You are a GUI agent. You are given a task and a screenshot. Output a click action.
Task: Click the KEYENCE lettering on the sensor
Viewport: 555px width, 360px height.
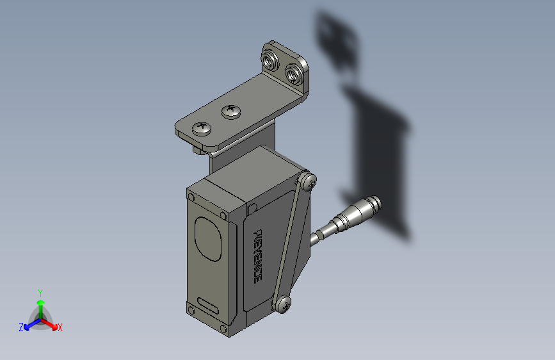point(259,256)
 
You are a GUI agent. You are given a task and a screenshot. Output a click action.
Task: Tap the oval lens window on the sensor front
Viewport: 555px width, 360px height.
point(208,239)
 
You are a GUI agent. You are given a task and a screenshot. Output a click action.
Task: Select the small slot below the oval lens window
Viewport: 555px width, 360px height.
point(208,305)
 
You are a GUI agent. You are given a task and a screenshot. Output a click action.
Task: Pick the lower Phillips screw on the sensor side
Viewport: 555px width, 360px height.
point(283,304)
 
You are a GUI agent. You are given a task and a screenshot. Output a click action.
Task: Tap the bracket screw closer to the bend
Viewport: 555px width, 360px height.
point(232,111)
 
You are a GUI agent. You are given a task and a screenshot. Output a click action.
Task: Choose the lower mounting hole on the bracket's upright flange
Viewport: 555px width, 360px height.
point(294,74)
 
